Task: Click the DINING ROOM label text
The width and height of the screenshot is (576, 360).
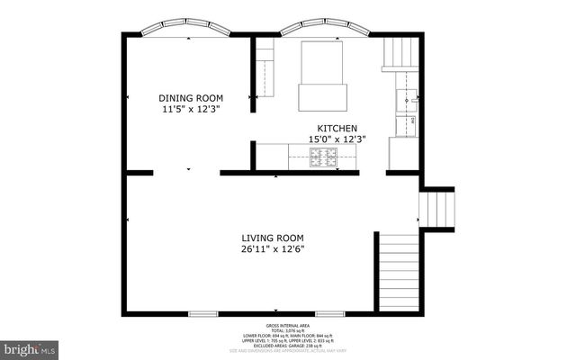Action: pos(191,98)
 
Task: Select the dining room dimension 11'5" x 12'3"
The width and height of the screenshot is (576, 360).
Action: pos(191,109)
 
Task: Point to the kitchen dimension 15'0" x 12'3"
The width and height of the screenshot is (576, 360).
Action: pos(337,139)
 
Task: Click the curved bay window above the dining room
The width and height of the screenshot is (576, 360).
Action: pos(188,31)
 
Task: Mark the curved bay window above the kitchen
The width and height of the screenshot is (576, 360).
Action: pos(324,31)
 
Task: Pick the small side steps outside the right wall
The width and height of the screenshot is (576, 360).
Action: pos(437,208)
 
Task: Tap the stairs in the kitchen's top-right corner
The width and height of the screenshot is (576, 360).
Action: pos(400,53)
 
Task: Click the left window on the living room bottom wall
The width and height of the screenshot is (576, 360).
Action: pos(202,313)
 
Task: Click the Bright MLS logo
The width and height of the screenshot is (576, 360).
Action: pos(29,346)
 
